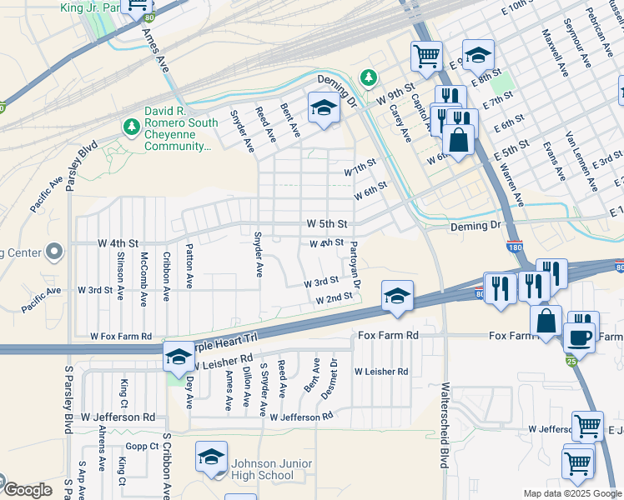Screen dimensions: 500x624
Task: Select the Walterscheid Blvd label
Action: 445,426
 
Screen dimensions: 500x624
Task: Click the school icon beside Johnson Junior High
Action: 212,457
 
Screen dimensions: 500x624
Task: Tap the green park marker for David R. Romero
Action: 130,127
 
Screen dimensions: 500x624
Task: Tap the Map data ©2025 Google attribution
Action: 572,493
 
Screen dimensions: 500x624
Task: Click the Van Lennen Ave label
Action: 580,152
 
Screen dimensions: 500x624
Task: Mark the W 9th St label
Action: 396,92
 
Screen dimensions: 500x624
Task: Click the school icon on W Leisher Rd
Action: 178,356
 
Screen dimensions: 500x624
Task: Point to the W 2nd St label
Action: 334,298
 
